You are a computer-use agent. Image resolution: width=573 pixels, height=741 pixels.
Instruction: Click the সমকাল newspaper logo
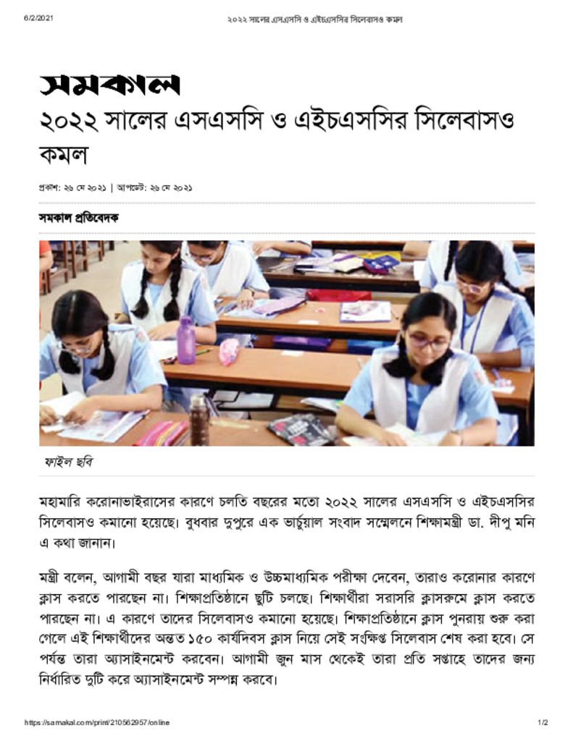(109, 85)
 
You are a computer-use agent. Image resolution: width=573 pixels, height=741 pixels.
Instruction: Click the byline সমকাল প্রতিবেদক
(79, 218)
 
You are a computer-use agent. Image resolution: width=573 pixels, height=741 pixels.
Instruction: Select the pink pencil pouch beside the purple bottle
(228, 352)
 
